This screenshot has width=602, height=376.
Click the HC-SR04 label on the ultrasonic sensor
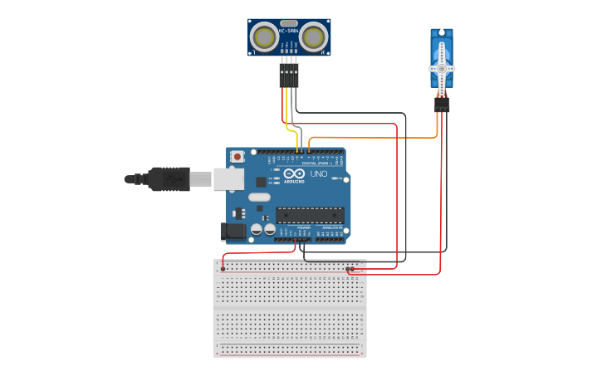click(289, 31)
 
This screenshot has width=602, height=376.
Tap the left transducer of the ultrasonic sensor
click(264, 37)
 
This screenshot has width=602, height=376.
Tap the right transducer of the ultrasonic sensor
click(313, 37)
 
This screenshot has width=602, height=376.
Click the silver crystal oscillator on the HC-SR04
click(289, 23)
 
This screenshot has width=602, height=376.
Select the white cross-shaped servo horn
click(442, 68)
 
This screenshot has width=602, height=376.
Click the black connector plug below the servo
click(442, 105)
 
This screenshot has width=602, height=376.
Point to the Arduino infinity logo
click(293, 174)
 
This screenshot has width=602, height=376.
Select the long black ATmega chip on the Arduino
click(310, 215)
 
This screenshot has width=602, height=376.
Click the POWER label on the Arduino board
click(304, 227)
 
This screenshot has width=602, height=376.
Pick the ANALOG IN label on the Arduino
click(330, 227)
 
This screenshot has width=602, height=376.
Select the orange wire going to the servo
click(374, 138)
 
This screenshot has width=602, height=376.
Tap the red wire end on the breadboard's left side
click(223, 268)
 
